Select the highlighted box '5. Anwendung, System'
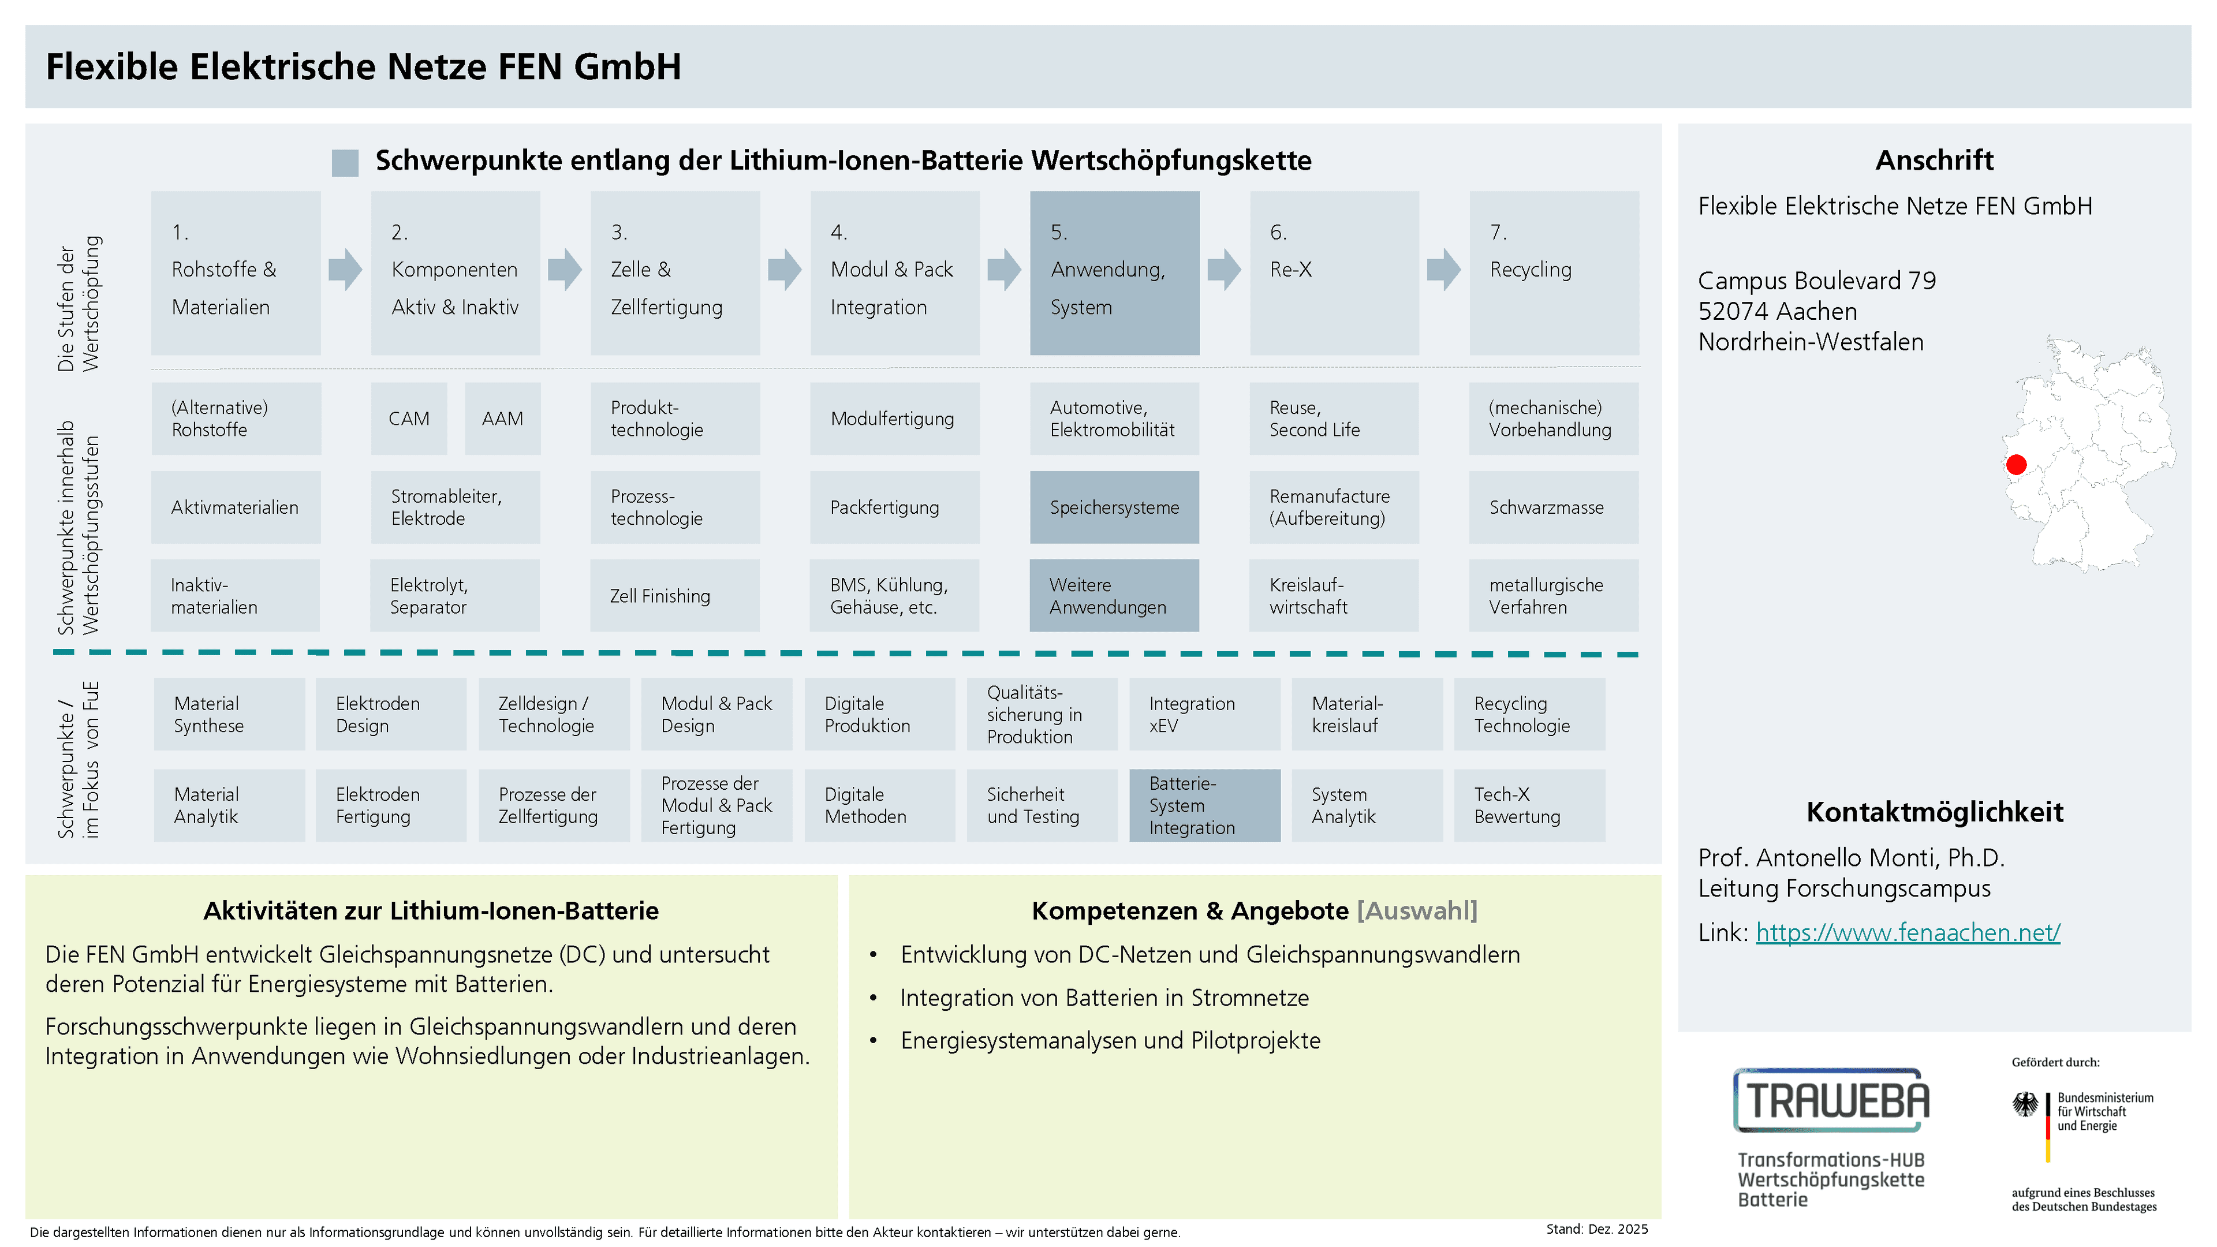coord(1114,273)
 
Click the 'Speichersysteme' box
coord(1114,507)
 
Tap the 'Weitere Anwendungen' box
coord(1114,596)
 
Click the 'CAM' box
coord(409,418)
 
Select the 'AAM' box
coord(503,418)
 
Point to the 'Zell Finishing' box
coord(675,596)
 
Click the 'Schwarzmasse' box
coord(1554,507)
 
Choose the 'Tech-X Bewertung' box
coord(1529,805)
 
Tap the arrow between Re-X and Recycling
coord(1443,270)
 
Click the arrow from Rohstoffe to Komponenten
coord(345,270)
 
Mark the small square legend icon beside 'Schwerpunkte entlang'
coord(345,163)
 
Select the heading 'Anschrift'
coord(1934,160)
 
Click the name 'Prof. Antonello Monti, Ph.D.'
coord(1851,857)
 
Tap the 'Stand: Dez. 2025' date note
coord(1596,1229)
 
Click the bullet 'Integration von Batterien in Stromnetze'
coord(1104,998)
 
